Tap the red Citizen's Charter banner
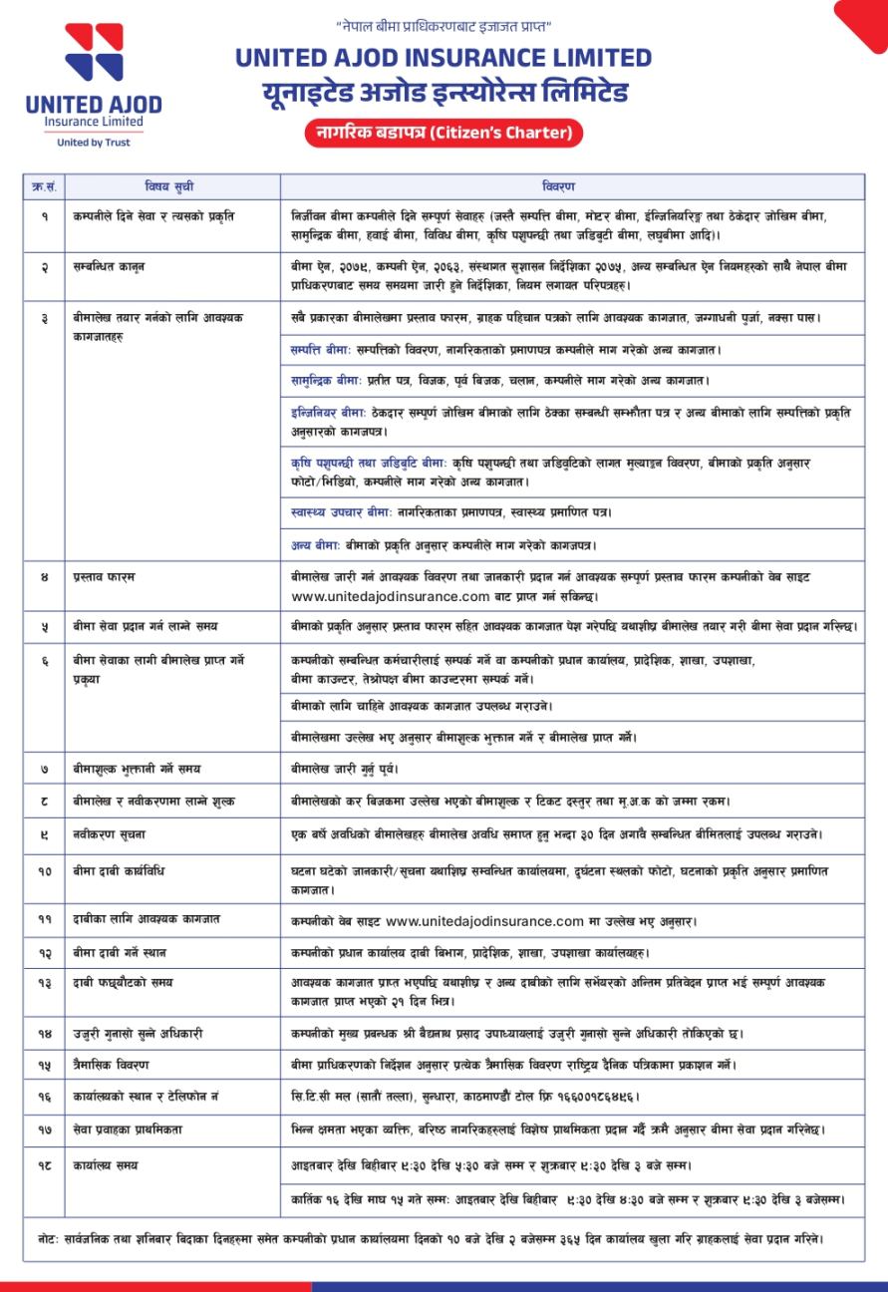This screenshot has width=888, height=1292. [x=444, y=133]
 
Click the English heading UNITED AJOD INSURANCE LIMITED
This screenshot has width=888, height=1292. [x=444, y=58]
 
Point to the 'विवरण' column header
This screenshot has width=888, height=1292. [x=558, y=186]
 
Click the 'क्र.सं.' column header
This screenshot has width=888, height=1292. [x=45, y=186]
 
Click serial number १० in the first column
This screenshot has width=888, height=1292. [x=45, y=871]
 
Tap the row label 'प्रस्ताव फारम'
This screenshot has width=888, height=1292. [x=104, y=577]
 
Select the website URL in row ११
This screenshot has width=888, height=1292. [x=483, y=921]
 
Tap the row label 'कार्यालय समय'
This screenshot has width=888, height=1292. [x=106, y=1164]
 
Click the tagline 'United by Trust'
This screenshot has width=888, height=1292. [x=94, y=143]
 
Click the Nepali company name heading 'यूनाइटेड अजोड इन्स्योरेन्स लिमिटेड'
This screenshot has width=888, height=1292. [x=444, y=94]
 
